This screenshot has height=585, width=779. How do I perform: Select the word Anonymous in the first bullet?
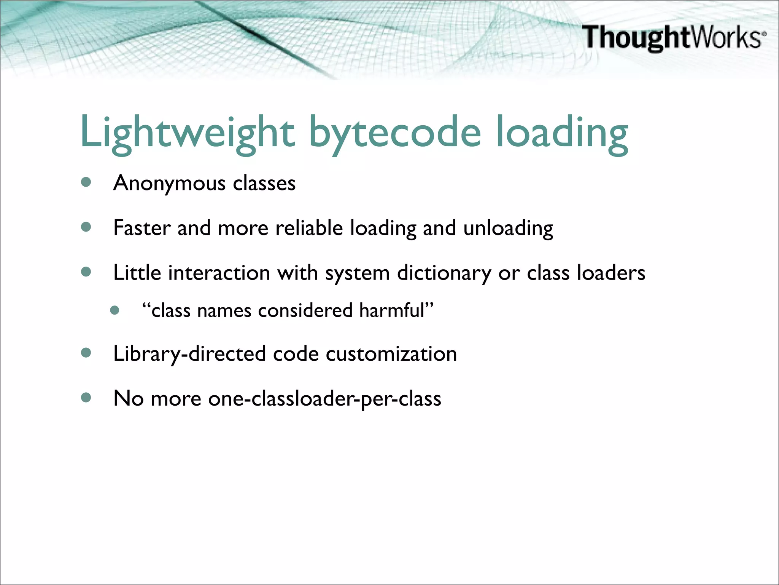tap(170, 184)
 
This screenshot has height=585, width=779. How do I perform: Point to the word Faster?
tap(142, 228)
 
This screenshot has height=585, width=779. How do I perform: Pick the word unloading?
tap(508, 229)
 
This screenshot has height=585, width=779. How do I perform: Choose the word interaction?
tap(219, 273)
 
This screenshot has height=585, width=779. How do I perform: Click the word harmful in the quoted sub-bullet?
tap(391, 310)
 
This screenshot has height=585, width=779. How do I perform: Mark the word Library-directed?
tap(189, 354)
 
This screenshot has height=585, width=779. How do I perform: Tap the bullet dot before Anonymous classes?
tap(86, 182)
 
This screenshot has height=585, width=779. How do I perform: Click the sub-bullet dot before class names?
tap(114, 310)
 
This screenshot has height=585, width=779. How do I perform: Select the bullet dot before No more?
tap(86, 398)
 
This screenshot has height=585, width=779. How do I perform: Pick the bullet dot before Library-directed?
tap(86, 353)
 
